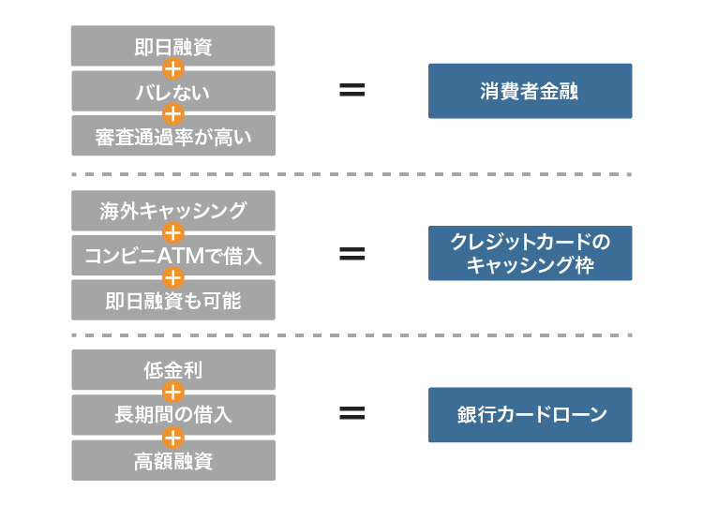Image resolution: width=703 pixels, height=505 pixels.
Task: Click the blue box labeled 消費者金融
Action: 530,91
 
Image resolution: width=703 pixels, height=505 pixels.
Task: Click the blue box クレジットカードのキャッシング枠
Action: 530,253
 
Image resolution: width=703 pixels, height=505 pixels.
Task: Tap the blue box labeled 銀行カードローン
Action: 530,415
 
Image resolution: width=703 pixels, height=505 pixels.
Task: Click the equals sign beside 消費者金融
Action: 351,91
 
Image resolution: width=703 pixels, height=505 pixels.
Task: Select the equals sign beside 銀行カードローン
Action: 351,414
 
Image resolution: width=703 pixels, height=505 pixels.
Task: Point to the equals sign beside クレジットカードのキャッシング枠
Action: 351,253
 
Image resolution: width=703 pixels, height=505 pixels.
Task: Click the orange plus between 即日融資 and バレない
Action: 173,68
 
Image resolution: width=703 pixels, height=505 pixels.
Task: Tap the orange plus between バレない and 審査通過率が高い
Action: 173,114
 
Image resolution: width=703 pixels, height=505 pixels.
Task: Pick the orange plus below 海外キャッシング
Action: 173,232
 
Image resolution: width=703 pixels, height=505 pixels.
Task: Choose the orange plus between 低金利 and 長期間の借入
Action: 173,392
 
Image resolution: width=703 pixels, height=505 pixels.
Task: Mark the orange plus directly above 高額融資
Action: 173,438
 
